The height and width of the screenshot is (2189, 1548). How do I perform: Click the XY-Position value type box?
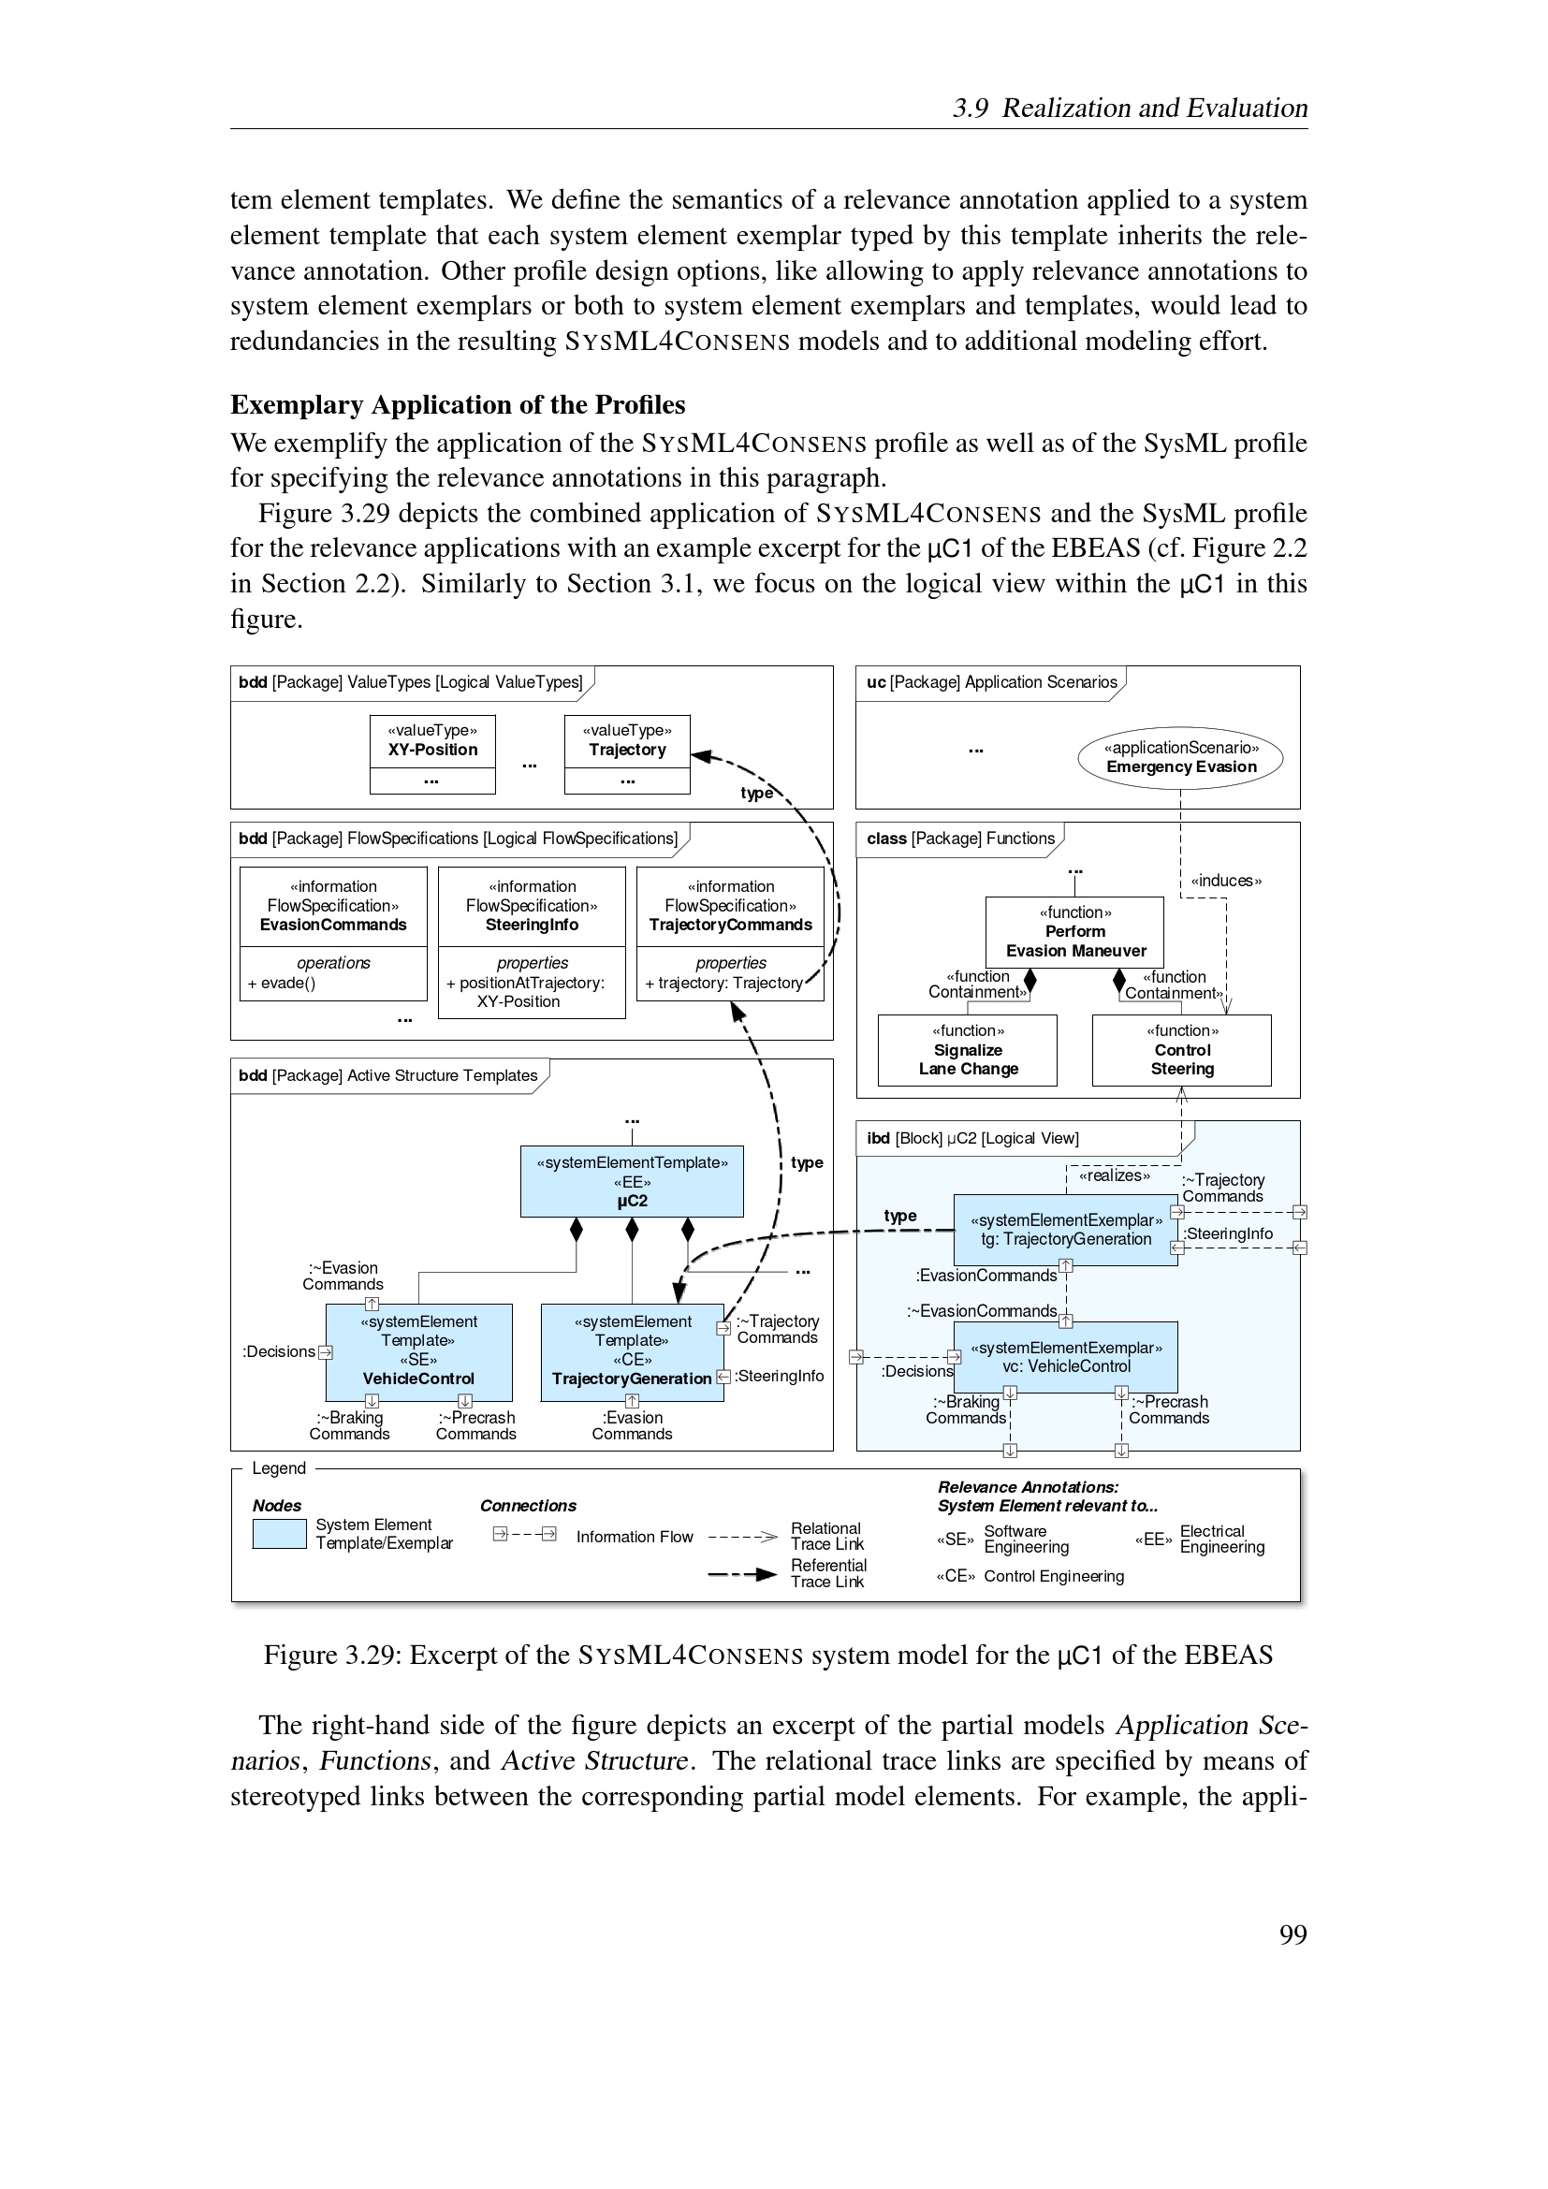pos(431,753)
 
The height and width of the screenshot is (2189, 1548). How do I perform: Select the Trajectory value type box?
pos(626,753)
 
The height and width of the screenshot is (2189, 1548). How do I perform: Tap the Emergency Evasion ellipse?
pos(1179,758)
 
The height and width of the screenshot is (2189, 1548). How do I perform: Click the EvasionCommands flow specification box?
pos(332,932)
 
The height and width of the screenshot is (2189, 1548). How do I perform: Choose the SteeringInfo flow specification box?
pos(531,942)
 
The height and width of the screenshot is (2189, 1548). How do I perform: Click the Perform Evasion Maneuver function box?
pos(1074,931)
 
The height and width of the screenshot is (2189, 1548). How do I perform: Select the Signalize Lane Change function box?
pos(967,1050)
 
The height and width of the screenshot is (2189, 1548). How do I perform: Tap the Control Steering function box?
pos(1181,1050)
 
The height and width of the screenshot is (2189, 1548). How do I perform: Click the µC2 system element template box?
pos(631,1181)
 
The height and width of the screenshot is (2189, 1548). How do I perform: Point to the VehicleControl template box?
pos(418,1351)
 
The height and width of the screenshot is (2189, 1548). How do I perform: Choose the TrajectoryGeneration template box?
pos(631,1351)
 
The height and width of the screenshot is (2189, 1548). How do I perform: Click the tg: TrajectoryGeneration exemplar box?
pos(1065,1230)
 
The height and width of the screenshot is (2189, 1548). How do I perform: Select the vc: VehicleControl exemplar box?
pos(1065,1357)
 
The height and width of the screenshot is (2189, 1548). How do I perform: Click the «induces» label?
pos(1226,881)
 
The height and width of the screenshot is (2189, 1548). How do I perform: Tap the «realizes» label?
pos(1114,1175)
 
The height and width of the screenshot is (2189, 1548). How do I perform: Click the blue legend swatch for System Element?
pos(278,1534)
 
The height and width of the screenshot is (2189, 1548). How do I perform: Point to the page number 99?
pos(1292,1934)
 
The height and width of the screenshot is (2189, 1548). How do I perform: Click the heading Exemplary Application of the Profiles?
pos(458,405)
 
